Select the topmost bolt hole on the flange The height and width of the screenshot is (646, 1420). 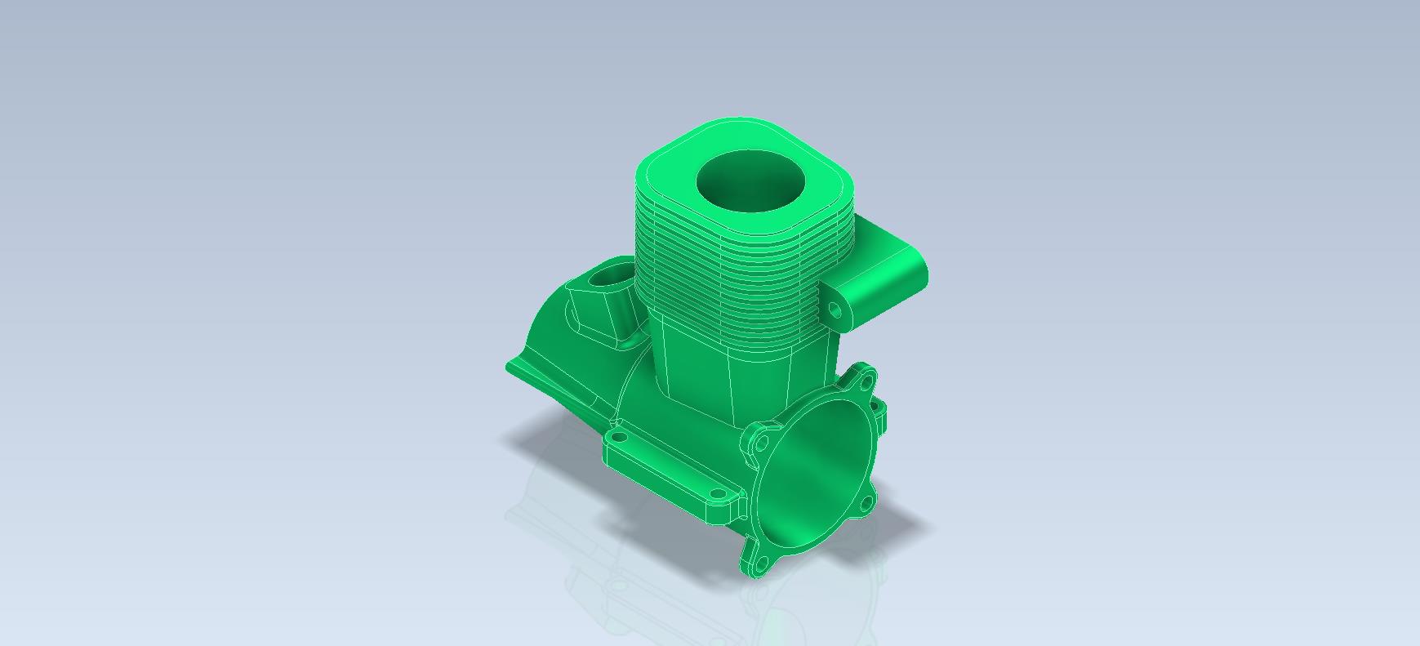tap(866, 380)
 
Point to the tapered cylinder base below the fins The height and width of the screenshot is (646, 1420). tap(735, 372)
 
